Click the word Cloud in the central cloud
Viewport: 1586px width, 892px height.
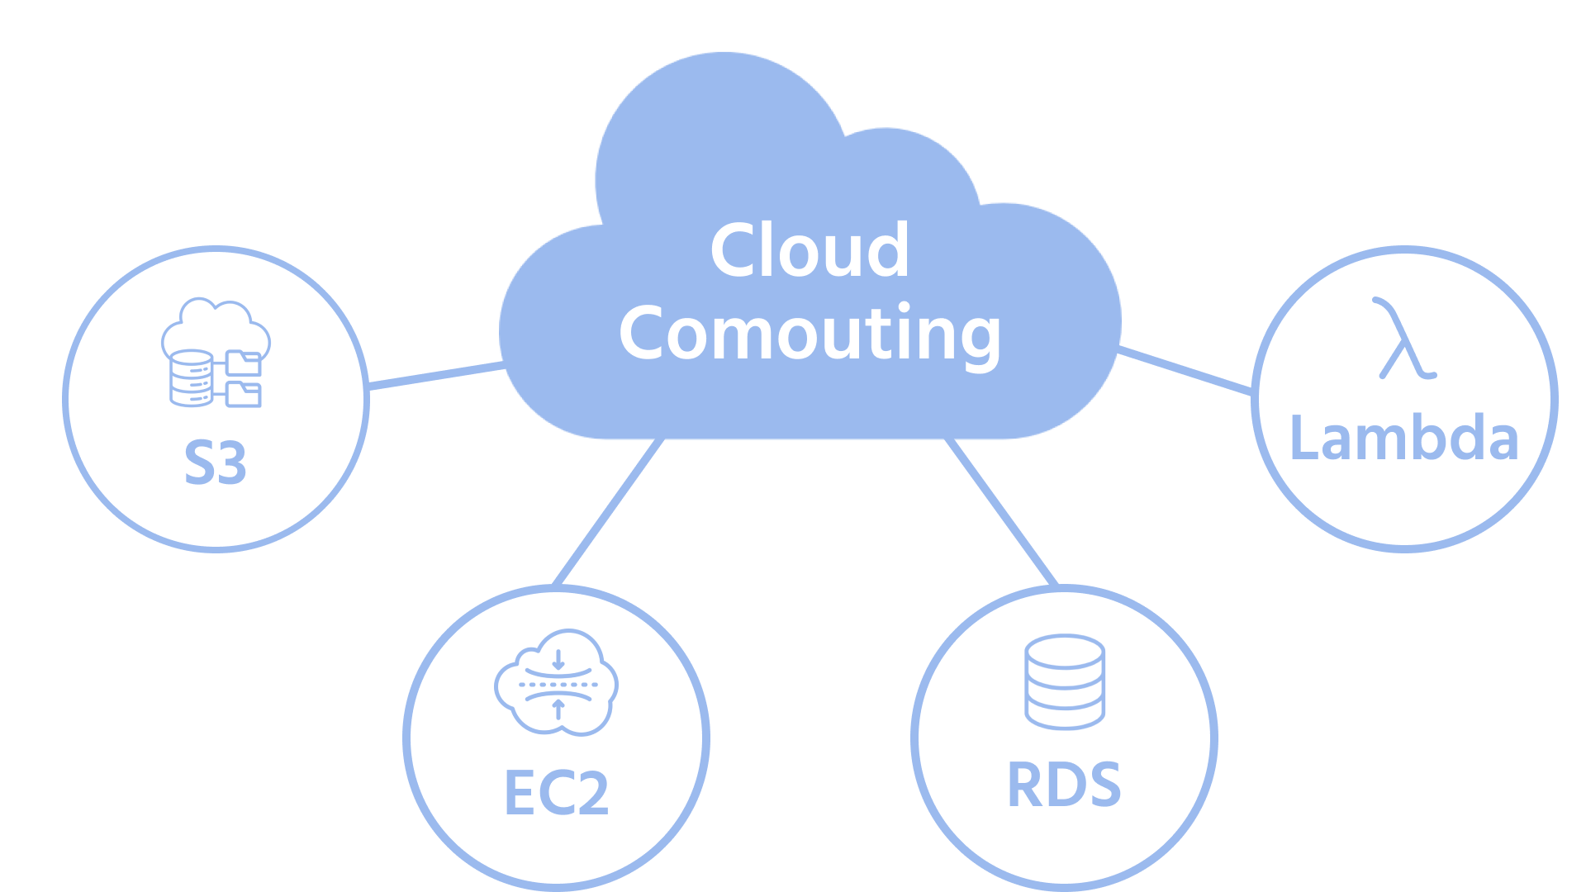click(x=810, y=250)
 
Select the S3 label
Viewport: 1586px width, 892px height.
click(x=215, y=463)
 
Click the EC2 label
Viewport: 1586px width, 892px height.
click(x=556, y=794)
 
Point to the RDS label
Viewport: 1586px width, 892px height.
click(x=1064, y=785)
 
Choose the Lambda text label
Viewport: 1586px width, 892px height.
click(x=1404, y=438)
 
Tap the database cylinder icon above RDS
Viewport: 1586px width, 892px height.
click(x=1065, y=681)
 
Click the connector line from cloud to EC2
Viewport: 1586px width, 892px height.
click(x=610, y=512)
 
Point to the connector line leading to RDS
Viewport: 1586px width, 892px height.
click(x=1002, y=512)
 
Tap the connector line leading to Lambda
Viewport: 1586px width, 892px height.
click(x=1185, y=371)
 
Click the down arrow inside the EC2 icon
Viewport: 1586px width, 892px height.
click(x=558, y=659)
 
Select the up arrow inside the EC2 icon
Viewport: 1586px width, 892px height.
click(x=558, y=708)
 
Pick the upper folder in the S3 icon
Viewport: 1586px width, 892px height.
click(x=245, y=363)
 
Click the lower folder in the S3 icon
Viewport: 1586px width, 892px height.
click(x=245, y=394)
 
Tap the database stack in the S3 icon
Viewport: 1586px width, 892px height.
click(x=191, y=378)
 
